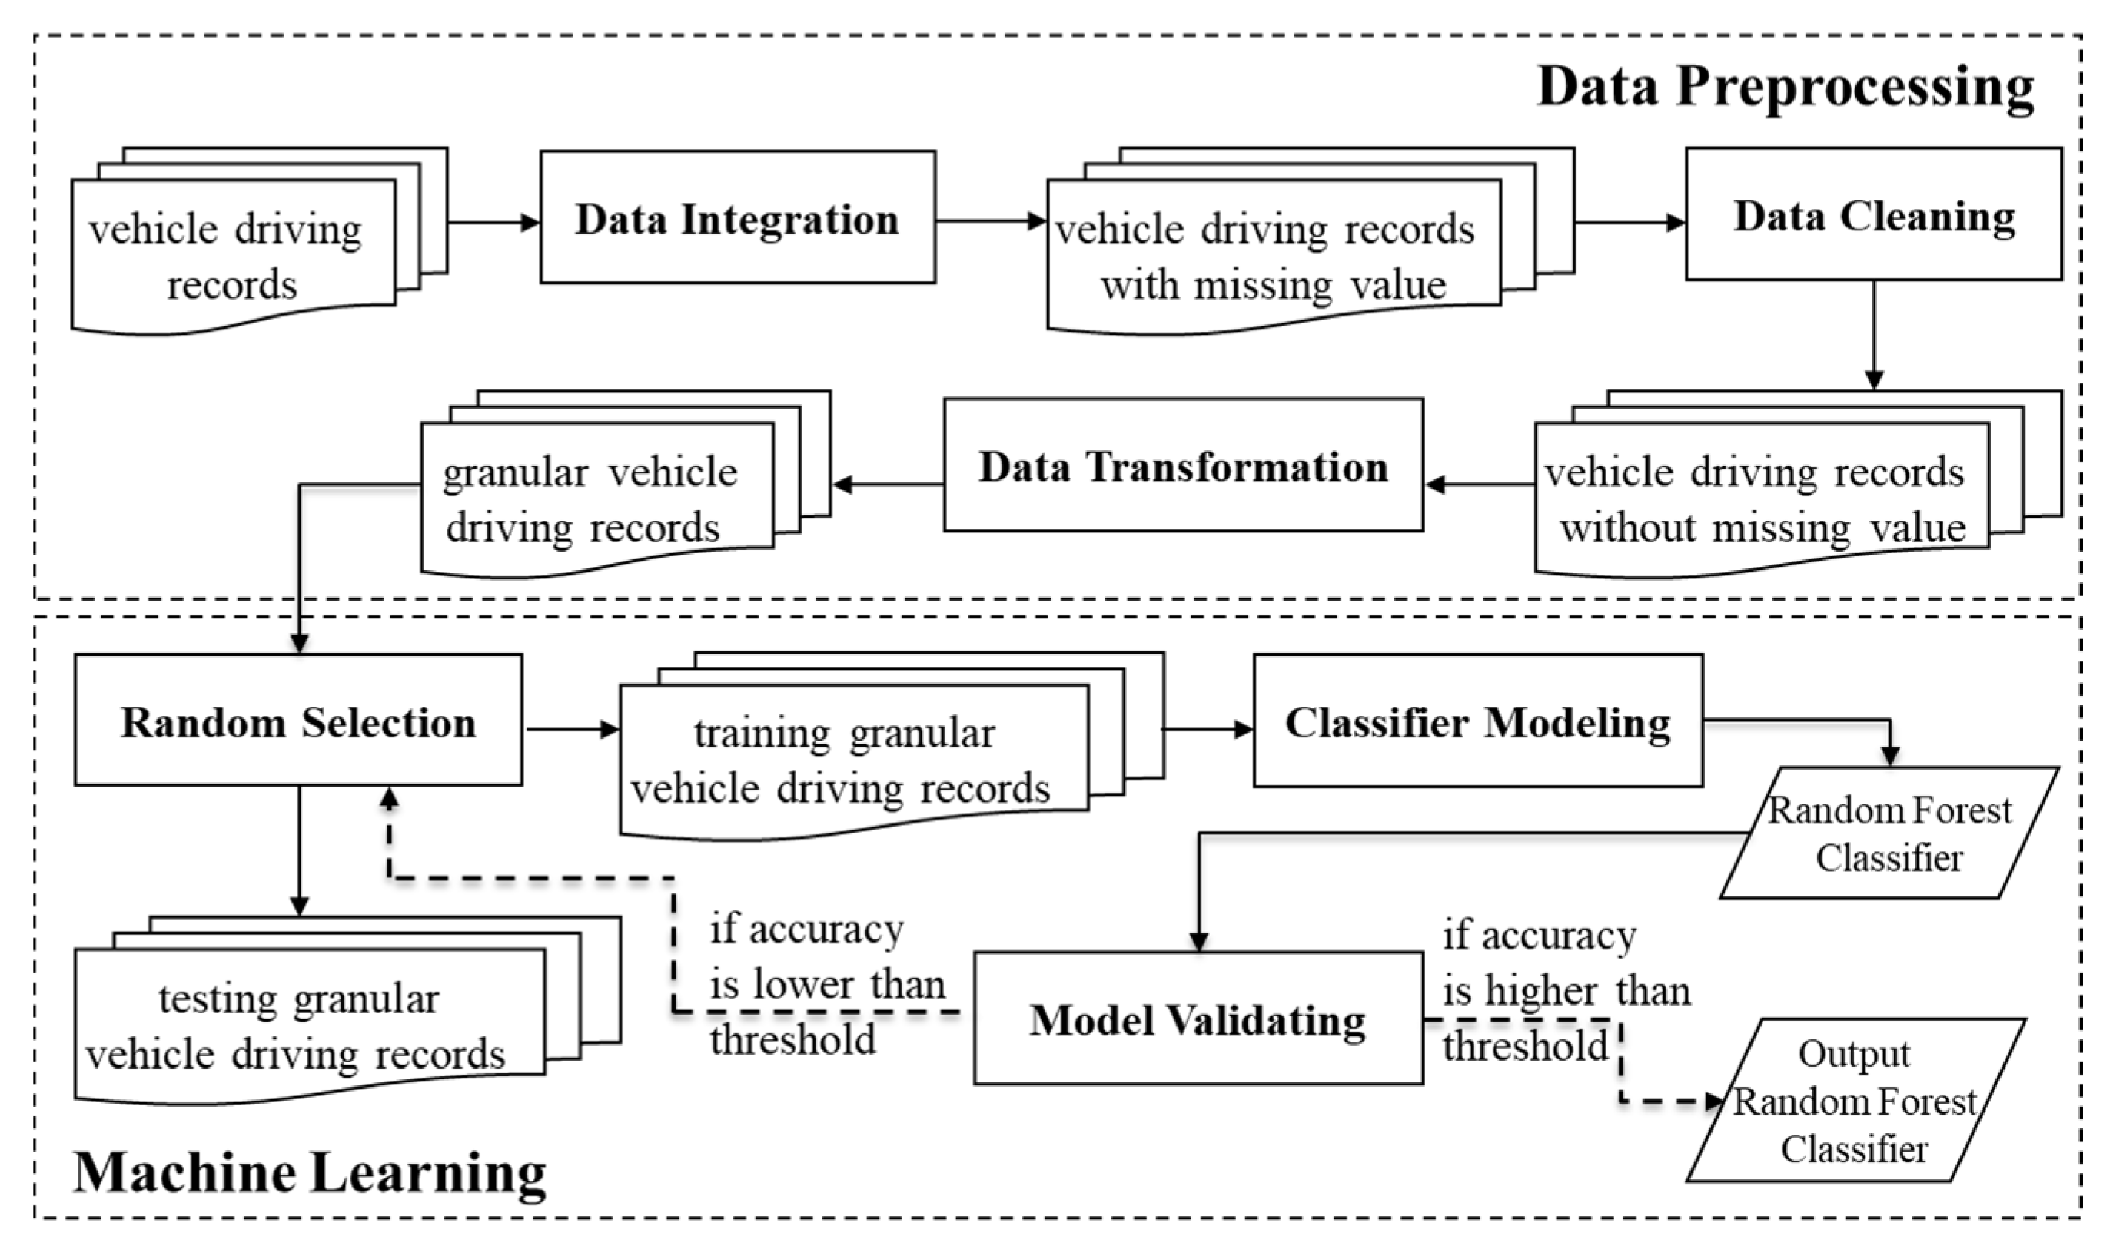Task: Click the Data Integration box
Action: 736,217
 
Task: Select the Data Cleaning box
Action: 1873,215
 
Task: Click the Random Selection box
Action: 298,721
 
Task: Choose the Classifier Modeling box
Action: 1477,721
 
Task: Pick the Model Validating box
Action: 1198,1019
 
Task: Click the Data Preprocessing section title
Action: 1785,88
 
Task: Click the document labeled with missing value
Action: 1272,256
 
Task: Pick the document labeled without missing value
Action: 1760,500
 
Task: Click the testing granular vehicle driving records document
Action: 298,1026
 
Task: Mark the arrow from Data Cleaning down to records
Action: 1873,336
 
